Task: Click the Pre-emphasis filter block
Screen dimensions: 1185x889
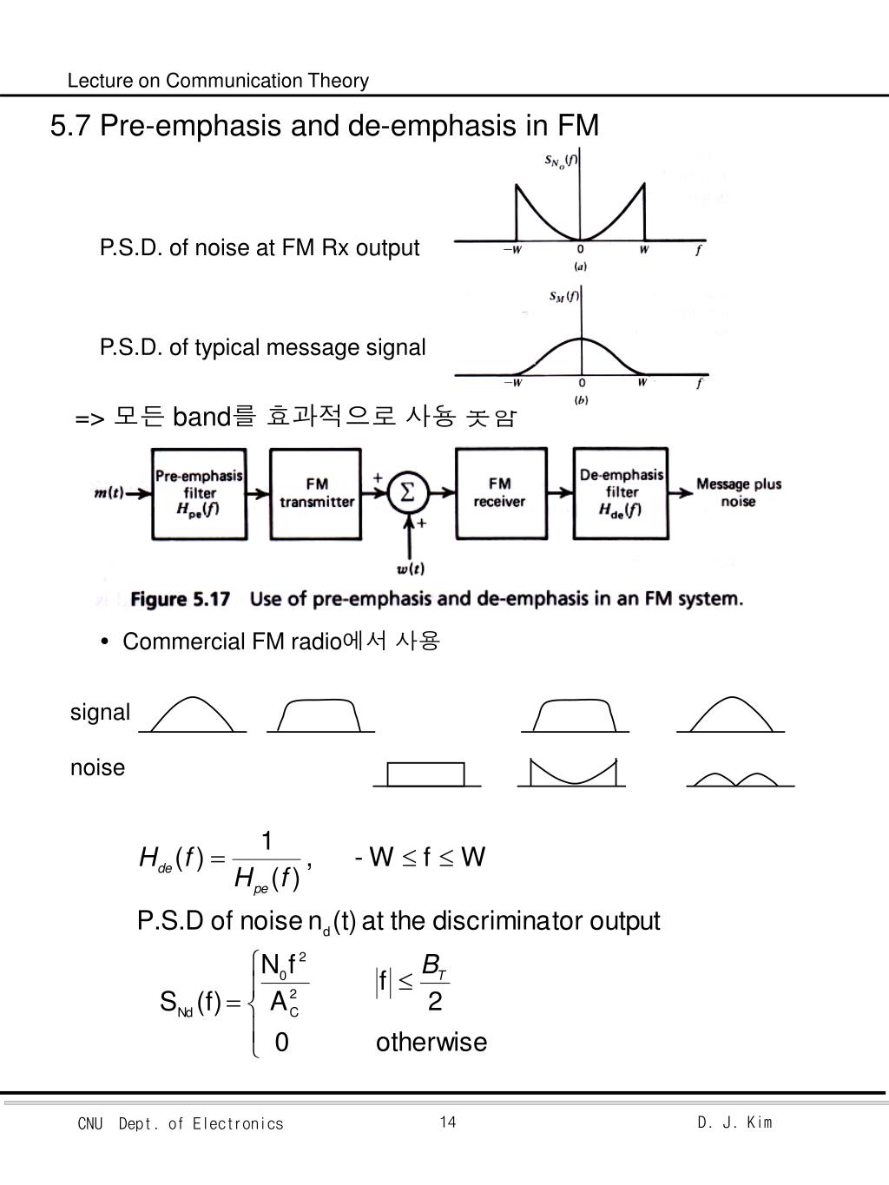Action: [199, 493]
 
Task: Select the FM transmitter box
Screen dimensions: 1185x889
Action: [317, 493]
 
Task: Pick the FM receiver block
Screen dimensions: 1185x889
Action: [500, 493]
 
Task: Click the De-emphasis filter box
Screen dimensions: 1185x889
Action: [621, 493]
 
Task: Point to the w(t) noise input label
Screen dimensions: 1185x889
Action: [410, 569]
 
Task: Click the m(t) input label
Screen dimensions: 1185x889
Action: [108, 493]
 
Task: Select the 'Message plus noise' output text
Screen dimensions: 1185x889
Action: [738, 493]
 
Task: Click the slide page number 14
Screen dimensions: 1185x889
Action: [448, 1122]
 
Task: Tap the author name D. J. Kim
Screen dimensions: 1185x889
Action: [734, 1122]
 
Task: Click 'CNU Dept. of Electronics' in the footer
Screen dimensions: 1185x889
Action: [181, 1124]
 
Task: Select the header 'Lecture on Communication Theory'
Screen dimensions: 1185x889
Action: [218, 81]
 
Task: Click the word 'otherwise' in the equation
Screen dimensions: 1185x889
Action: [431, 1042]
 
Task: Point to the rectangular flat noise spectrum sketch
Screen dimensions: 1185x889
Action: [425, 774]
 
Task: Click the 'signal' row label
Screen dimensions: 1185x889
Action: [100, 712]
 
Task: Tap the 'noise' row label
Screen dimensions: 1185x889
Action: [97, 767]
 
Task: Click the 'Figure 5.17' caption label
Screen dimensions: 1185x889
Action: [180, 599]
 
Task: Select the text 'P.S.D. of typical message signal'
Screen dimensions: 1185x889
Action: [262, 347]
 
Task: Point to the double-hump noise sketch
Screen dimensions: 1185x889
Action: [739, 778]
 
